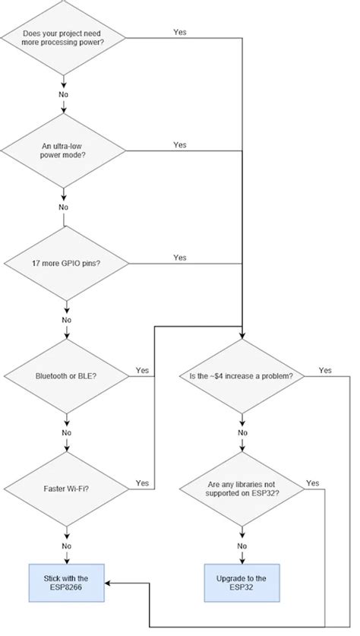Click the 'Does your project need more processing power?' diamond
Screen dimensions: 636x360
(64, 37)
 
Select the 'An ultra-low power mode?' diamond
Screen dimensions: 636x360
(64, 150)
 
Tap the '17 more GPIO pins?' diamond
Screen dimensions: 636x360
(64, 263)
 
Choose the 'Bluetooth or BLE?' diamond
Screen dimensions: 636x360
(65, 375)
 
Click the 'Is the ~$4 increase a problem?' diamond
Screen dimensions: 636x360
(241, 375)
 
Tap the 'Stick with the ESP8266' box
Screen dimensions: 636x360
(66, 583)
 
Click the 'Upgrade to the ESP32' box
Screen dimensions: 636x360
(241, 583)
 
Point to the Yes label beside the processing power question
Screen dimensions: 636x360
(180, 33)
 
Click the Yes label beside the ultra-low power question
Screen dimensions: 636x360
(180, 144)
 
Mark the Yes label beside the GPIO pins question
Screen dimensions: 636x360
(180, 258)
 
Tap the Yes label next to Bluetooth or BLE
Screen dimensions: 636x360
(142, 370)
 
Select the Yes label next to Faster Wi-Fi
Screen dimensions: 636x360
(142, 483)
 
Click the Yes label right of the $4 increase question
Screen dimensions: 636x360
(325, 370)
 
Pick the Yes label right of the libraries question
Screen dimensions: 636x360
(312, 483)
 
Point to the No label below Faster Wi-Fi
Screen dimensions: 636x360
(66, 545)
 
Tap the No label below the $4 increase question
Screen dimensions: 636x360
(242, 432)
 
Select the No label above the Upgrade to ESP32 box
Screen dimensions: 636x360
(242, 545)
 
